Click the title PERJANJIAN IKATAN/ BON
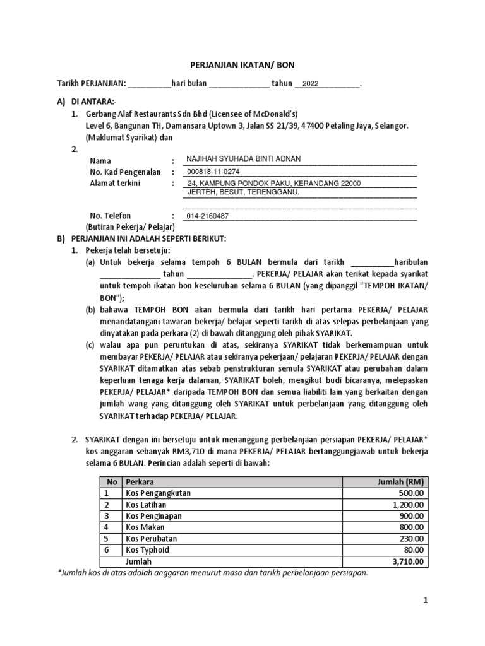pyautogui.click(x=243, y=64)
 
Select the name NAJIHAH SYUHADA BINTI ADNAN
pyautogui.click(x=242, y=159)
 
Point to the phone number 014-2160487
pyautogui.click(x=207, y=216)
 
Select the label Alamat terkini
pyautogui.click(x=116, y=183)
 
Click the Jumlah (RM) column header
pyautogui.click(x=399, y=481)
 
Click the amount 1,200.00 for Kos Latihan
pyautogui.click(x=408, y=504)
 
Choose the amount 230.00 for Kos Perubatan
pyautogui.click(x=411, y=538)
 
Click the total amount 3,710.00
pyautogui.click(x=408, y=561)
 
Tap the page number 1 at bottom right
pyautogui.click(x=426, y=601)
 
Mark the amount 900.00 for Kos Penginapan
pyautogui.click(x=411, y=515)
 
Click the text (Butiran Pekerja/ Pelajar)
pyautogui.click(x=130, y=226)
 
